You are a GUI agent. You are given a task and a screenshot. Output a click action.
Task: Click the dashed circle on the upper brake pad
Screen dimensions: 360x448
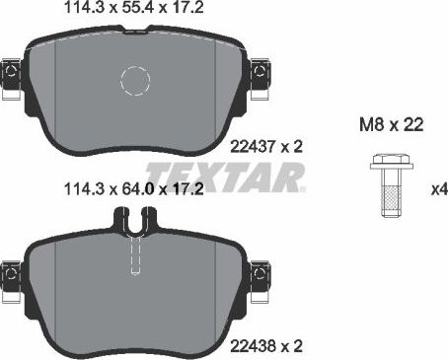coord(133,81)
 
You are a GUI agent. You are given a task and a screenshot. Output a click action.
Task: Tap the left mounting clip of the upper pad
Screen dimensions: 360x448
coord(12,76)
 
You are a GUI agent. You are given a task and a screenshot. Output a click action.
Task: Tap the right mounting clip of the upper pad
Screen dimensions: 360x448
coord(262,75)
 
